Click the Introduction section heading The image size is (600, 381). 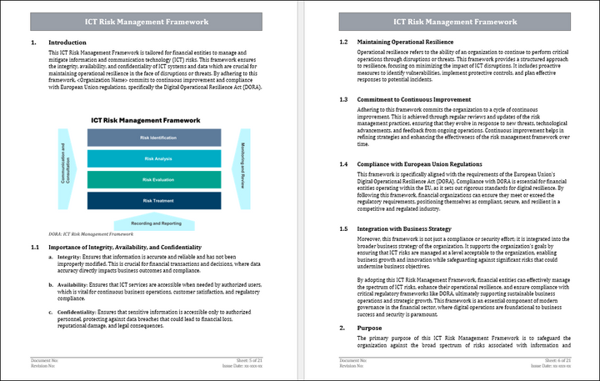click(x=67, y=42)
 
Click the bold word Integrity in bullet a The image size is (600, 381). click(x=69, y=258)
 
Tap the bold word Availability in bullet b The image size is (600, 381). click(x=73, y=285)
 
